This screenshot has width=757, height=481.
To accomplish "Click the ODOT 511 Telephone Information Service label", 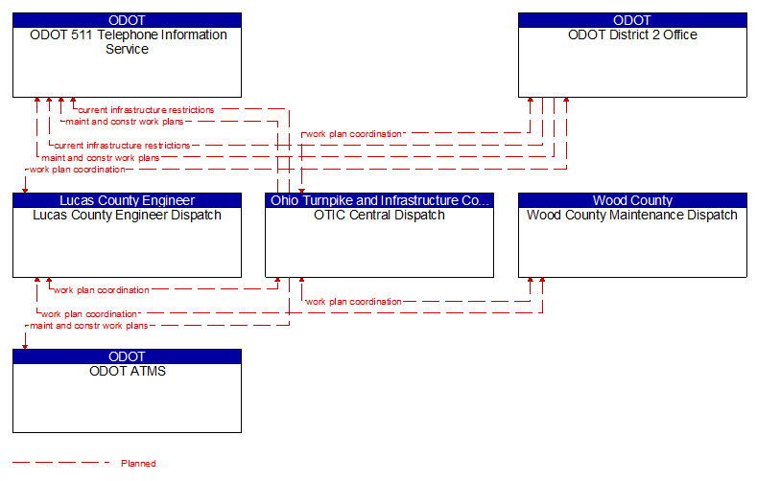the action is pos(128,42).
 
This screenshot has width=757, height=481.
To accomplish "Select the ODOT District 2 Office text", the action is pos(632,34).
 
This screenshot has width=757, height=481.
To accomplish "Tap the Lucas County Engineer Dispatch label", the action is pos(127,215).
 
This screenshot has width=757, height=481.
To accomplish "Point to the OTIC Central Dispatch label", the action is pos(379,215).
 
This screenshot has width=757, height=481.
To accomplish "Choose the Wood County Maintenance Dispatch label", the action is pos(632,215).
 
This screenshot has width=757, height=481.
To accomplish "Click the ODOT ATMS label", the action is pos(128,371).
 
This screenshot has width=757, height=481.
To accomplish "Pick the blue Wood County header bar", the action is pos(632,200).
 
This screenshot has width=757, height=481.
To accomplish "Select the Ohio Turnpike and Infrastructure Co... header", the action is pos(380,200).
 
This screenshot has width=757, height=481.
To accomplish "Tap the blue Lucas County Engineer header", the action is pos(127,200).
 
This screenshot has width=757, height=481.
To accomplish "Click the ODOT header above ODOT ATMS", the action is pos(127,356).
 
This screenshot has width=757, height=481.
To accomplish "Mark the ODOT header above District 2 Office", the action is pos(632,20).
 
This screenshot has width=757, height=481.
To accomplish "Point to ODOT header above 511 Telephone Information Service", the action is pos(127,20).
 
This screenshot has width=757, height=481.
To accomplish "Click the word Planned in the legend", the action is pos(138,464).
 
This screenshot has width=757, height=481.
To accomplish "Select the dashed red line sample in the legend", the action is pos(61,463).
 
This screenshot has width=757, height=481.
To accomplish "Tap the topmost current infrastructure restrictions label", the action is pos(146,110).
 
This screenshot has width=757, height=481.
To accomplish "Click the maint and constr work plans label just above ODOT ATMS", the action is pos(89,326).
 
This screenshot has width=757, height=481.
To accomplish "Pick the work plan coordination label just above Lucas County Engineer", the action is pos(78,170).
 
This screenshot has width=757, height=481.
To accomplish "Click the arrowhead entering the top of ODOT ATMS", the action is pos(25,347).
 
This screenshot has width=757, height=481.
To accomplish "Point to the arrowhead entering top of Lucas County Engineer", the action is pos(25,191).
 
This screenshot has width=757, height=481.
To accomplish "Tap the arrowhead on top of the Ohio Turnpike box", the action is pos(301,191).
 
